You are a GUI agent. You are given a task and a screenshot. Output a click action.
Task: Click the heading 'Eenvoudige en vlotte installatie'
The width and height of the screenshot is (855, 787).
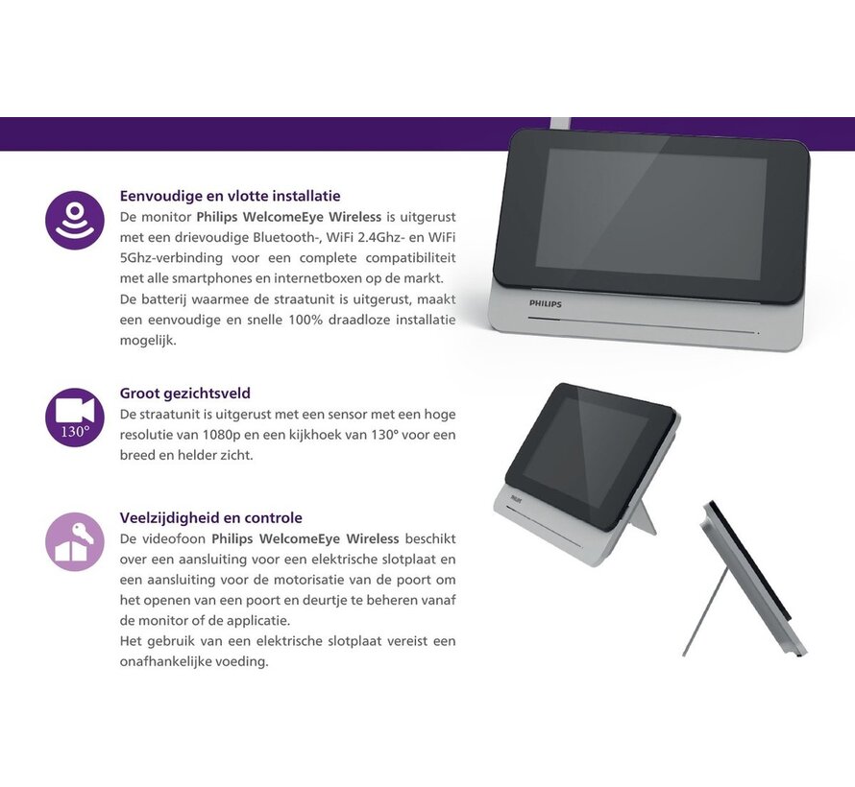coord(231,196)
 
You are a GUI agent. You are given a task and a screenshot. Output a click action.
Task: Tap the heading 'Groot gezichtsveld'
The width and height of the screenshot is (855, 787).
coord(185,393)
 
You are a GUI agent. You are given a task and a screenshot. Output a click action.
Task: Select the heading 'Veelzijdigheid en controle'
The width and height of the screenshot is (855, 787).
coord(211,517)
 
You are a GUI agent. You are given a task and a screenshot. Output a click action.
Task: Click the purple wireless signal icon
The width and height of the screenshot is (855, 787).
coord(75,220)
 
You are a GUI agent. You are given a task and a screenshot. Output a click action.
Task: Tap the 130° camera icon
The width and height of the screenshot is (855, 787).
coord(75,417)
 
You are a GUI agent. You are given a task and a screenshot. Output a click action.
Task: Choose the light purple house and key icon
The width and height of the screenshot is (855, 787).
coord(75,542)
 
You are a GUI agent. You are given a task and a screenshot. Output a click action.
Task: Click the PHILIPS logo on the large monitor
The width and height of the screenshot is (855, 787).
coord(545,304)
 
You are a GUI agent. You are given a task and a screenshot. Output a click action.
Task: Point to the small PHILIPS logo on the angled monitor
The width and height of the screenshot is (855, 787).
coord(516,497)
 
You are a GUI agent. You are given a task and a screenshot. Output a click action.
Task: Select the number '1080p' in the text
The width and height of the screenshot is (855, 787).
coord(220,435)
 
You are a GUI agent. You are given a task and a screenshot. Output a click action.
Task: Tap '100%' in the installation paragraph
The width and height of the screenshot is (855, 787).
coord(305,320)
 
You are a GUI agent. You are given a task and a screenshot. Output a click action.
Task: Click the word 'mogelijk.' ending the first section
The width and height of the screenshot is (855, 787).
coord(148,341)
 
